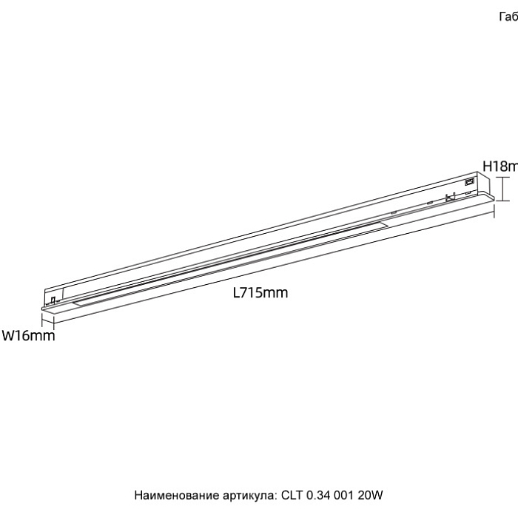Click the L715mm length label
[x=260, y=292]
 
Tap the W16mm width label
[x=28, y=336]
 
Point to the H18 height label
[x=499, y=166]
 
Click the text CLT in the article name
[x=292, y=495]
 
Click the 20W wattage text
[x=372, y=495]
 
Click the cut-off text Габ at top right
[x=509, y=17]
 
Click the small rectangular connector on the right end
[x=468, y=181]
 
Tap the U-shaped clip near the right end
[x=448, y=198]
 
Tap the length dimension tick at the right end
[x=494, y=215]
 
